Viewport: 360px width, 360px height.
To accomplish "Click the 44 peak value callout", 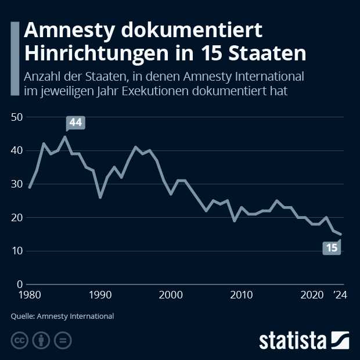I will click(75, 123).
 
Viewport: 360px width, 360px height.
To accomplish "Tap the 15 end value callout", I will click(332, 248).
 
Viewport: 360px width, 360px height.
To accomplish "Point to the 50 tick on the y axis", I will click(16, 117).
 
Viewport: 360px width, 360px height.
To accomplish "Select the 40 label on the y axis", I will click(16, 151).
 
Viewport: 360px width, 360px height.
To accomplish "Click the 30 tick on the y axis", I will click(16, 185).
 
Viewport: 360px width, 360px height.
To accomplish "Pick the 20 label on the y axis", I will click(16, 218).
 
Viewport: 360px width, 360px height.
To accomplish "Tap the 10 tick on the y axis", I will click(16, 251).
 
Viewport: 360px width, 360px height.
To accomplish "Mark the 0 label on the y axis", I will click(19, 285).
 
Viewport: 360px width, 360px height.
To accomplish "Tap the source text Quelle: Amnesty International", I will click(62, 316).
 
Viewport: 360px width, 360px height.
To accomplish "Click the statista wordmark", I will click(292, 340).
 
